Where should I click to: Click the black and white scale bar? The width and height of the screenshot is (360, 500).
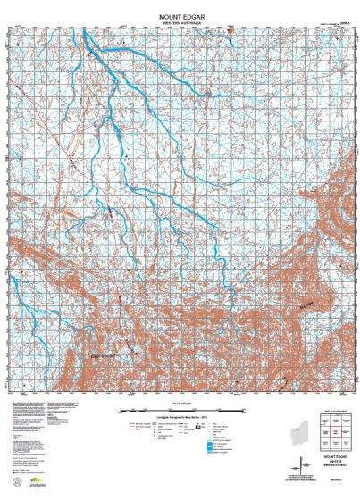pyautogui.click(x=181, y=410)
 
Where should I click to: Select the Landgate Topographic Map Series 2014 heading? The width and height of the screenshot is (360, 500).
pyautogui.click(x=181, y=418)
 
